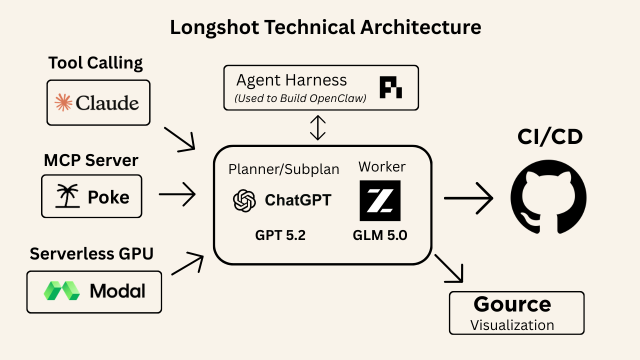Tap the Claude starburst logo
[63, 102]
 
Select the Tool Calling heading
[95, 63]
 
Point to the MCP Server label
[91, 160]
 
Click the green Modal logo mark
[61, 290]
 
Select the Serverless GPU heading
[91, 253]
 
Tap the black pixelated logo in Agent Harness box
[390, 87]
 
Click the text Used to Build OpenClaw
[300, 98]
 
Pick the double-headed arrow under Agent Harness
[318, 128]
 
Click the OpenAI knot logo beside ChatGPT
[244, 200]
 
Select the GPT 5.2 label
[279, 234]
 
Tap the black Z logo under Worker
[380, 200]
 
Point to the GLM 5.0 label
[380, 234]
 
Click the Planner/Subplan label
[283, 169]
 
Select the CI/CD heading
[550, 136]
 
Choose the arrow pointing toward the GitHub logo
[468, 198]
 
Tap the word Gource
[512, 304]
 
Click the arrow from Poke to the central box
[176, 194]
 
